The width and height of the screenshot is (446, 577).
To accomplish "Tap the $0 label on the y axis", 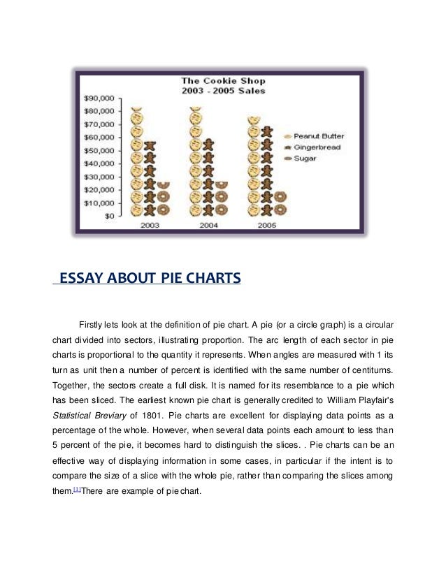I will [109, 216].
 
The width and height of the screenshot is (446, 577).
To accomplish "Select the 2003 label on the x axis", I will [150, 226].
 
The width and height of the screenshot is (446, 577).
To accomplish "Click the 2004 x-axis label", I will [208, 226].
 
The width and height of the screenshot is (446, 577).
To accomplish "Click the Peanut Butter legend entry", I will [318, 136].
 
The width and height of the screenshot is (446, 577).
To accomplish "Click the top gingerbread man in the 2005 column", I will [266, 132].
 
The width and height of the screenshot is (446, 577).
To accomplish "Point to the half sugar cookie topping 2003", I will [163, 184].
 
